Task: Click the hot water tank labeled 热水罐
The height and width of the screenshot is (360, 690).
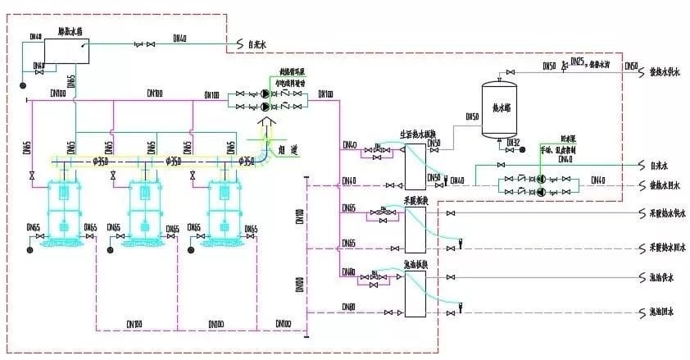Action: pos(500,106)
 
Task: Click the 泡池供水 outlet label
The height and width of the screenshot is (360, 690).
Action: pos(660,279)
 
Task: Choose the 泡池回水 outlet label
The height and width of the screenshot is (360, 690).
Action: pos(660,312)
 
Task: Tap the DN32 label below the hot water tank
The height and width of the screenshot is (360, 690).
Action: pos(514,143)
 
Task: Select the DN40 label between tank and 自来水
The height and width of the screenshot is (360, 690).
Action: pos(179,37)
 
